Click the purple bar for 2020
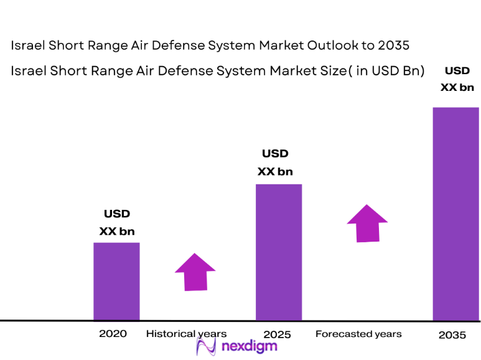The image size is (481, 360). point(116,281)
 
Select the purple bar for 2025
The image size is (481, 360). point(279,252)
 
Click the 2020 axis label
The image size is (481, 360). point(113,334)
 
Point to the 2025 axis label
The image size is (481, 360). point(277,334)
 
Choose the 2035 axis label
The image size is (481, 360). point(452,335)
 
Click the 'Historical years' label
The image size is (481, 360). point(187,334)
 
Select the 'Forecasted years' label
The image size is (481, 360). point(358,334)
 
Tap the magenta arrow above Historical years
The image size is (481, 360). point(195,272)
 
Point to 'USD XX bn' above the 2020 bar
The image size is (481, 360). point(117,222)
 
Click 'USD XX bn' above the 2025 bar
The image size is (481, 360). point(275,162)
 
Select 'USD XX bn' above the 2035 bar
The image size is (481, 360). point(457,79)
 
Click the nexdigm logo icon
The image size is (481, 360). point(206,346)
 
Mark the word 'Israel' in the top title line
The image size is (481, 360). point(28,45)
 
